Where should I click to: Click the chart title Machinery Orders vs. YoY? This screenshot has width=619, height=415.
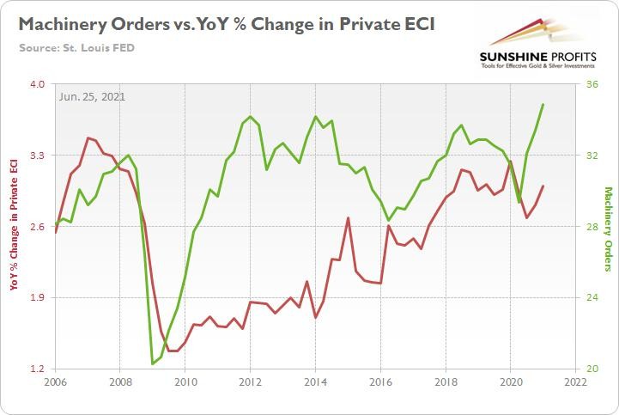click(x=225, y=23)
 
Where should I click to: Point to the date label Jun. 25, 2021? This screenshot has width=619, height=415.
click(x=92, y=96)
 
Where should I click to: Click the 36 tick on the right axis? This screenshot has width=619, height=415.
click(x=592, y=85)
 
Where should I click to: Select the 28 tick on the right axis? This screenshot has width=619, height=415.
click(x=592, y=227)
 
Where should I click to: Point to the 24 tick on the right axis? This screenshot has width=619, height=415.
click(x=592, y=297)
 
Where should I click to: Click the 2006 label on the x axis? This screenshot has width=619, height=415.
click(x=56, y=381)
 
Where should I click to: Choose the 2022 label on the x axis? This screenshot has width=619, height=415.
click(x=575, y=381)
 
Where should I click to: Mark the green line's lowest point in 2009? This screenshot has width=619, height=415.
click(x=153, y=363)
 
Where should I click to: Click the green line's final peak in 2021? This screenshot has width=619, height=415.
click(x=543, y=105)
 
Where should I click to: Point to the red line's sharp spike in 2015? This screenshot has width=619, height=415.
click(x=348, y=218)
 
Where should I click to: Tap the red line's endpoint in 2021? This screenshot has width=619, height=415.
click(x=543, y=186)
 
